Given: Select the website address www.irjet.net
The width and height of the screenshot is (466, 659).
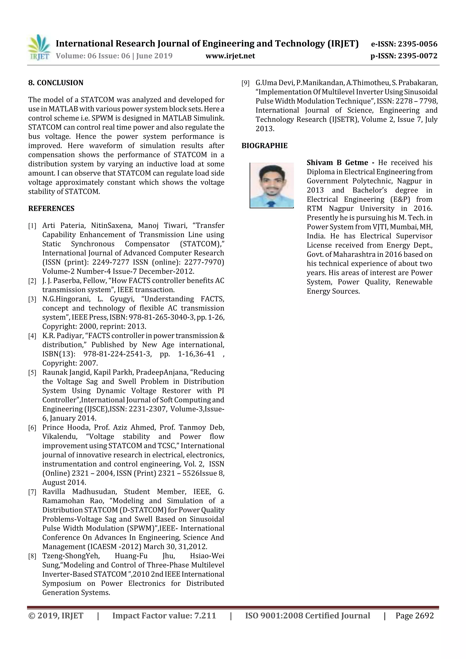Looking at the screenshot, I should click(230, 56).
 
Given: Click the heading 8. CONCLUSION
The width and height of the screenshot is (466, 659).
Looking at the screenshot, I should click(56, 83).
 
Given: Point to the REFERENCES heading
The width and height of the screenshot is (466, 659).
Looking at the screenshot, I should click(51, 209).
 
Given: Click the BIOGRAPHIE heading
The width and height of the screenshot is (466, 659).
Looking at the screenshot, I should click(264, 146).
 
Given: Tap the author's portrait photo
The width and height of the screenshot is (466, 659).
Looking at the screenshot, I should click(272, 185).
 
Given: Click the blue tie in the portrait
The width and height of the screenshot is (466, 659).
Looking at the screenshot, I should click(271, 204).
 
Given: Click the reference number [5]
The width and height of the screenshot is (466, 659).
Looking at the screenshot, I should click(32, 373).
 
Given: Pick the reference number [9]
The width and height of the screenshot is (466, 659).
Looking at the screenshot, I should click(246, 83).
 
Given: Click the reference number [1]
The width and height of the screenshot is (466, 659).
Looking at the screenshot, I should click(32, 226).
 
